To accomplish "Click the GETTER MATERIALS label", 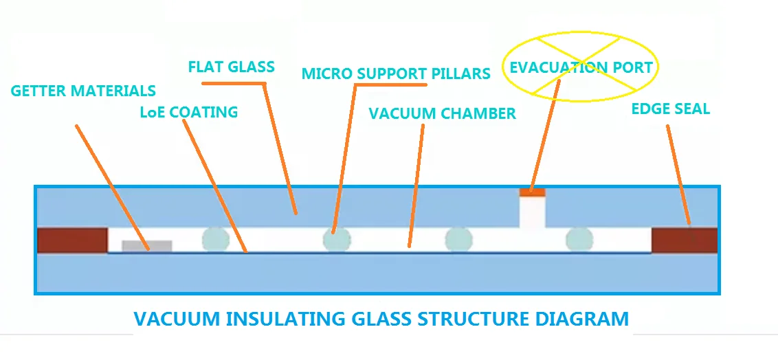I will tap(83, 91).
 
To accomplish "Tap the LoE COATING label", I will tap(188, 112).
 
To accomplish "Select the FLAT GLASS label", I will tap(231, 67).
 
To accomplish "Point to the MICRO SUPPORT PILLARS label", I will tap(396, 73).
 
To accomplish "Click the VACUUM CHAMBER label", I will tap(442, 113).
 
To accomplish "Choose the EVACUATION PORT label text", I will tap(581, 67).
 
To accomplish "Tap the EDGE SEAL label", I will tap(670, 109).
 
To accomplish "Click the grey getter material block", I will tap(146, 246).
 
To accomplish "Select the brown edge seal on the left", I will tap(72, 240).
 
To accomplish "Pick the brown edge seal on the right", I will tap(684, 240).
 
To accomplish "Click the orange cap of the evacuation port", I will tap(532, 192).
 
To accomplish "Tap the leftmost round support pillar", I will tap(215, 239).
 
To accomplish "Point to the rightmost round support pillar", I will tap(579, 239).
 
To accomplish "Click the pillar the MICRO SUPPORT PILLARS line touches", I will tap(337, 239).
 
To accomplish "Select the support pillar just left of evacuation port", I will tap(458, 239).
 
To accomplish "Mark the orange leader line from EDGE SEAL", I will tap(678, 175).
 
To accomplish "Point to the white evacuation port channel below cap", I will tap(532, 213).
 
